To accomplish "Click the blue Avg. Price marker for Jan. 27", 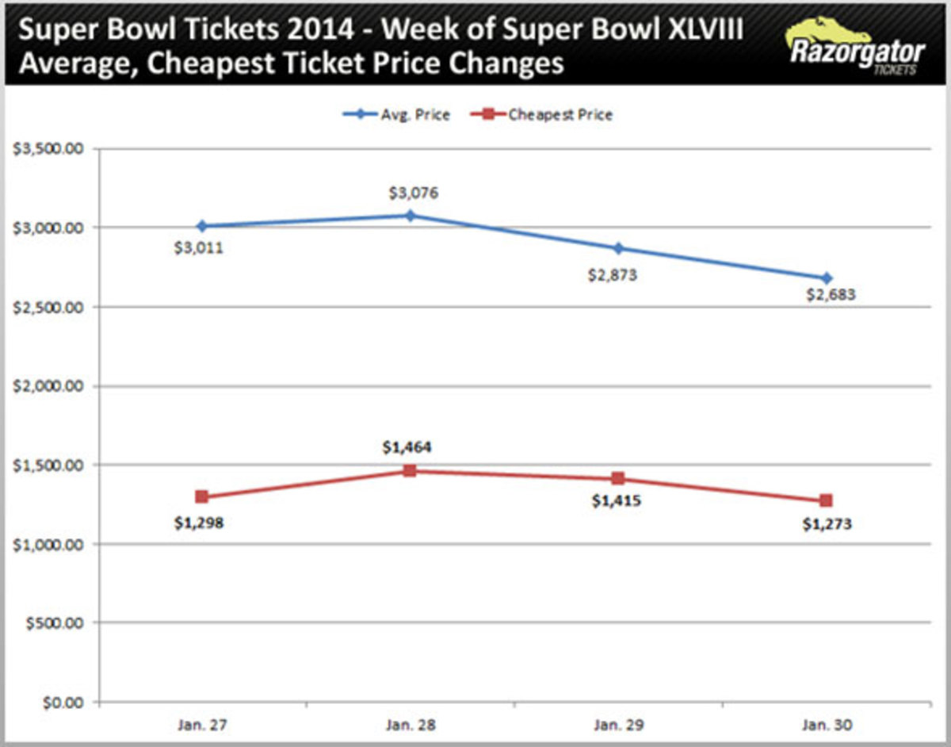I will (x=201, y=226).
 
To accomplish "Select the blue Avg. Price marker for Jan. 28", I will (x=410, y=215).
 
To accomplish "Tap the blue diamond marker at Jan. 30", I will (x=827, y=278).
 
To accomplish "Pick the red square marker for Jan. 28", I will (x=410, y=471).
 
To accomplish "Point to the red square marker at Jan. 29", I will (x=618, y=479).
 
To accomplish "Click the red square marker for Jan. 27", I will (x=201, y=497).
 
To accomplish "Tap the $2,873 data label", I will (x=613, y=276).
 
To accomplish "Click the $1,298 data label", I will (x=198, y=523).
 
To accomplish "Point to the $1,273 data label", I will (x=826, y=524).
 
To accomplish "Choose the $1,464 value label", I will (x=407, y=448).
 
